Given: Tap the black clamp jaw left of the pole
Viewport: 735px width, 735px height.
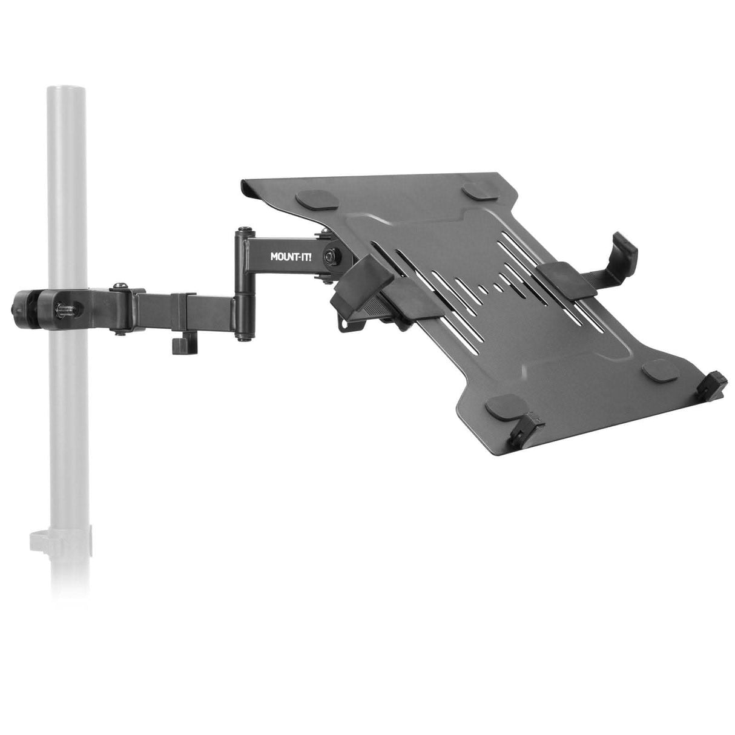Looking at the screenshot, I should click(x=24, y=303).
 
